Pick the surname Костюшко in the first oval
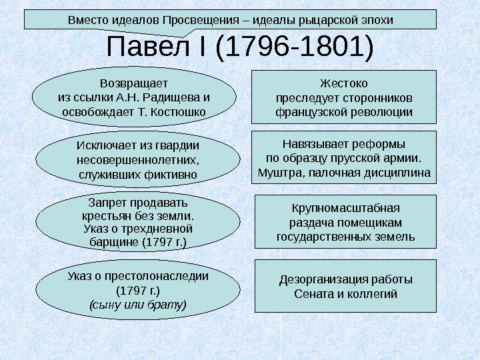pos(180,111)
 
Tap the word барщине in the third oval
pos(115,242)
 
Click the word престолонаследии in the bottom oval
pos(165,276)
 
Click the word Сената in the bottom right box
pos(311,293)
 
